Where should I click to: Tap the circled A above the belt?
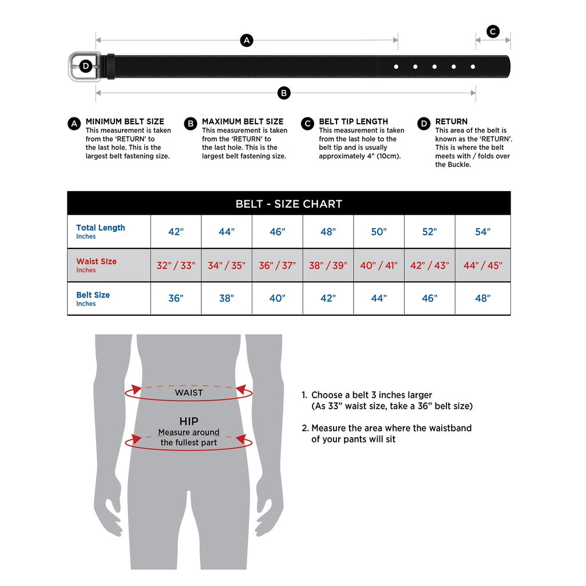click(x=247, y=40)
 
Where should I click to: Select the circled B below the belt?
click(x=284, y=93)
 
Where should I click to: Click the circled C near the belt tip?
click(x=493, y=31)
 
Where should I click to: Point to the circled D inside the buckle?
click(x=85, y=66)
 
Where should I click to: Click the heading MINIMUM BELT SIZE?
click(x=124, y=121)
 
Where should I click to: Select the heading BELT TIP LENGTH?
click(x=353, y=121)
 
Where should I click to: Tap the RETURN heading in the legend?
click(x=451, y=121)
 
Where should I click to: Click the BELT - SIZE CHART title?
click(x=288, y=204)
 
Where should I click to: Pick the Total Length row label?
click(x=100, y=228)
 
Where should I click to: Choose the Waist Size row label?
click(x=96, y=262)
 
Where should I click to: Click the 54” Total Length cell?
click(x=482, y=232)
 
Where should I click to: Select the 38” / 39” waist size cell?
click(x=328, y=266)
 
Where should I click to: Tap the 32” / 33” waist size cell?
click(x=176, y=266)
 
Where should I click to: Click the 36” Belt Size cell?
click(x=176, y=299)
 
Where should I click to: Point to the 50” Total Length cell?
click(x=379, y=232)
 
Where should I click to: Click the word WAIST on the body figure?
click(x=188, y=393)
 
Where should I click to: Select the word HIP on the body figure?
click(x=188, y=422)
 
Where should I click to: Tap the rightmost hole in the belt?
click(x=473, y=67)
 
